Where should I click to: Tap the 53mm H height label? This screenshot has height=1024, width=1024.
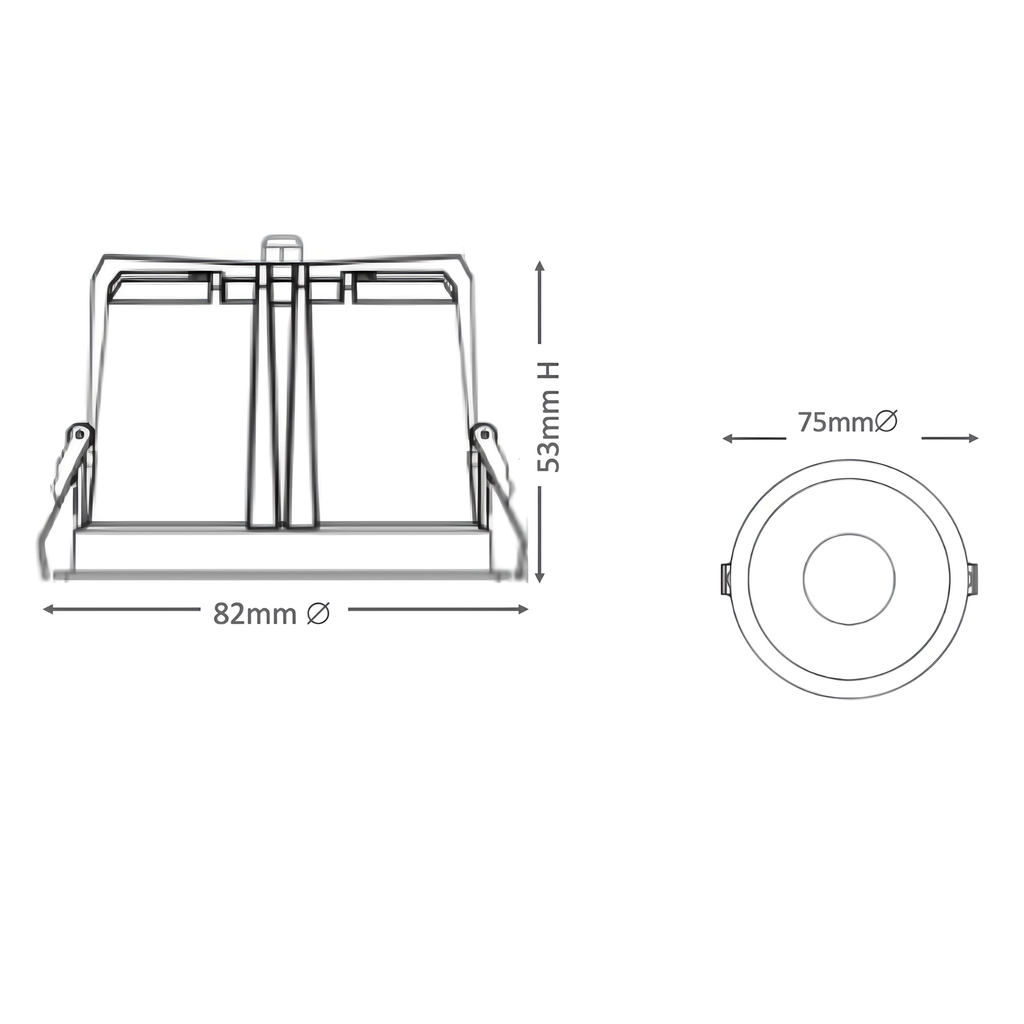pos(549,416)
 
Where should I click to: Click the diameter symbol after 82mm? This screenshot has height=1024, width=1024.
pos(318,613)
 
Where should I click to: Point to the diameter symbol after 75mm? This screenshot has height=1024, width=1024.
pos(886,421)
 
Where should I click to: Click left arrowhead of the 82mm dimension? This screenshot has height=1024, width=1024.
pos(48,609)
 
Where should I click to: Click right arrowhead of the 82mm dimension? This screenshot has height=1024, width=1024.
pos(523,609)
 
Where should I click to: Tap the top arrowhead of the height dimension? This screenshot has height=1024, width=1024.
pos(539,266)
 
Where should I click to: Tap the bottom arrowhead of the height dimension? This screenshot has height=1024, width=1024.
pos(539,577)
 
